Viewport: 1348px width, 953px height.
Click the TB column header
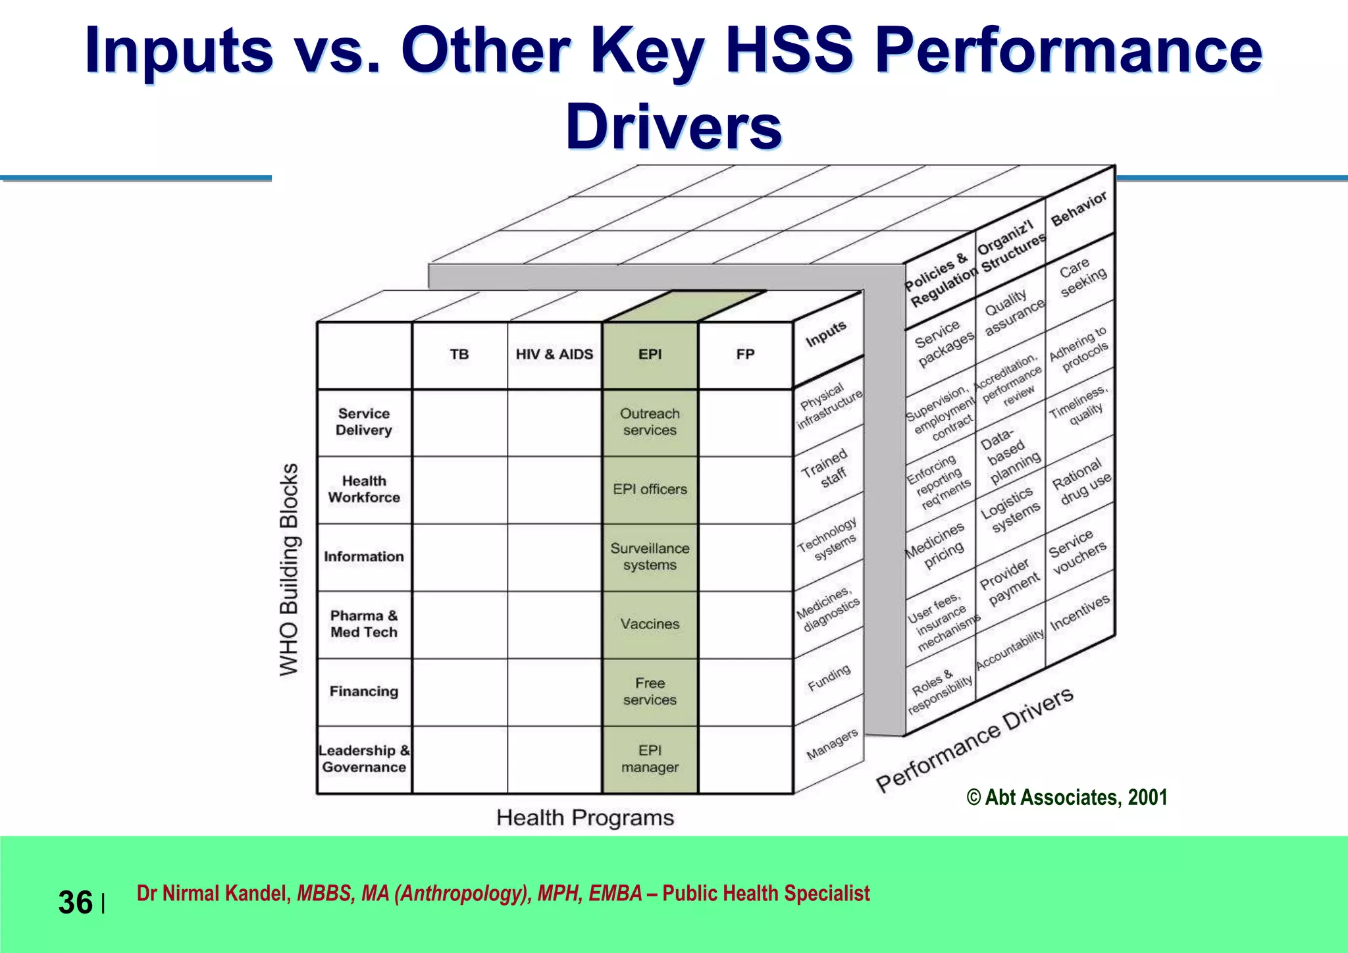459,354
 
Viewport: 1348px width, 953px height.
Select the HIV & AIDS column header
554,354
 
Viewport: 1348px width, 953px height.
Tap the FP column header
745,354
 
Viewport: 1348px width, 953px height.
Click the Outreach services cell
650,422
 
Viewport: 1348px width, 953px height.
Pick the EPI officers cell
650,489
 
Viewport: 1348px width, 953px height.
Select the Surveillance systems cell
650,557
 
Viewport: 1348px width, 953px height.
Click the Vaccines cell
650,624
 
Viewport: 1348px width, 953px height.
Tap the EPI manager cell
650,759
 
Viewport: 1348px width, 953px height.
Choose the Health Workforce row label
364,489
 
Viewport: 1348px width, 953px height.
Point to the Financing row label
364,691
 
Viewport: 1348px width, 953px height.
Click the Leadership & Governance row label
364,759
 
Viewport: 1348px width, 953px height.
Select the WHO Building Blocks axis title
290,569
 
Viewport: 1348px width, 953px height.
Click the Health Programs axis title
585,818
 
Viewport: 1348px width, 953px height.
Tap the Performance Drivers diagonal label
974,740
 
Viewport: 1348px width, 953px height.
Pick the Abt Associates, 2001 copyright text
1067,798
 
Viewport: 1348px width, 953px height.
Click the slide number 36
75,902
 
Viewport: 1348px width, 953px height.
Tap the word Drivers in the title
673,127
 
